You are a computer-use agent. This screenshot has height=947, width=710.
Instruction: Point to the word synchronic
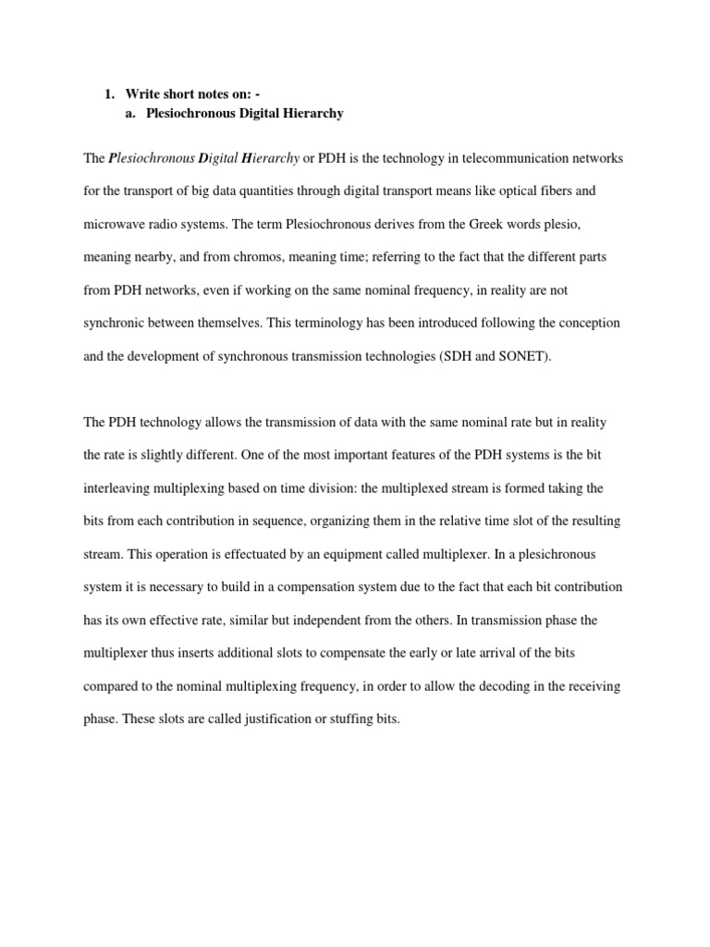(118, 324)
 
